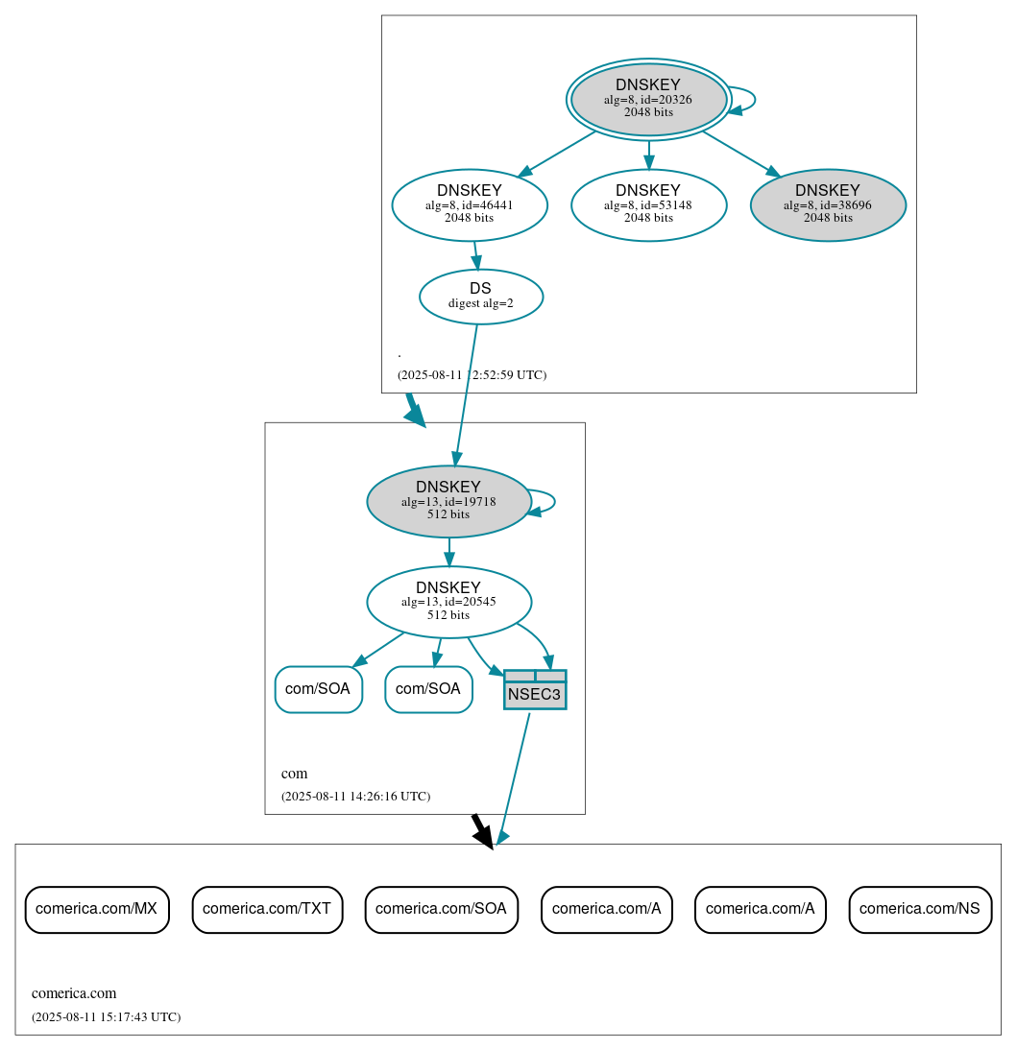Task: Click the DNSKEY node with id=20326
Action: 648,99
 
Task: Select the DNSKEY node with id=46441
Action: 470,204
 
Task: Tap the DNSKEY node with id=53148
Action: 648,204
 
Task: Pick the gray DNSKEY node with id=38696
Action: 828,204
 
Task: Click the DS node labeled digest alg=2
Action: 481,297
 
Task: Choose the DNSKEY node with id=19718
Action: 448,501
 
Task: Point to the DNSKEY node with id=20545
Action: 448,602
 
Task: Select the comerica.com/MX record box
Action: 97,909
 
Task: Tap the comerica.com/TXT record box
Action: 267,909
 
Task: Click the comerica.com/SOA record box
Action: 442,909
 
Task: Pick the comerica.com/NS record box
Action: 920,909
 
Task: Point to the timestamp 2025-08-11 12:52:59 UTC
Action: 472,375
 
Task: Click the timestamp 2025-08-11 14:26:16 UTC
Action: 355,797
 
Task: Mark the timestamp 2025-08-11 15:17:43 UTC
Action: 106,1017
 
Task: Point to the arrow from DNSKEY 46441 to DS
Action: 475,255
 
